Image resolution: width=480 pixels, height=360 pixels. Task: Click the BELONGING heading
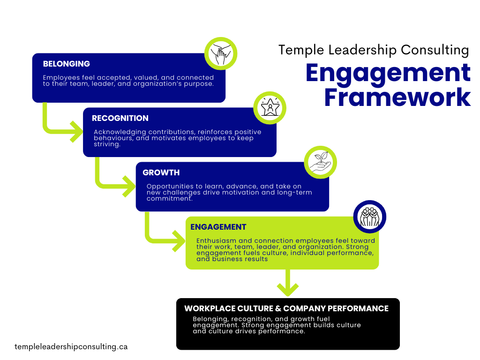67,64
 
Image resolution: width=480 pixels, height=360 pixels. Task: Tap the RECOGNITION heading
120,118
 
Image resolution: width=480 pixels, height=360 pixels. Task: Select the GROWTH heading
161,172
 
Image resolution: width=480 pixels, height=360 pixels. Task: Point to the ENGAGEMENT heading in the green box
218,227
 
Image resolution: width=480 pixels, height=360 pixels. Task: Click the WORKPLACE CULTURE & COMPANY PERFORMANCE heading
286,308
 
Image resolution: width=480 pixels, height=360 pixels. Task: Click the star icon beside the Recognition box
270,108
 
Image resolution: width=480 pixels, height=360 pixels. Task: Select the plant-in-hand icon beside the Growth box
321,162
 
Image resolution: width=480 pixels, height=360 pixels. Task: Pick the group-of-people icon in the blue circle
369,217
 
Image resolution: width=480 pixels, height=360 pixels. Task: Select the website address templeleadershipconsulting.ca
71,347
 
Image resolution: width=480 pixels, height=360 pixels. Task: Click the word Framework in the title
397,97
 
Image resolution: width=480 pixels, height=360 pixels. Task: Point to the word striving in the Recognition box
107,145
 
